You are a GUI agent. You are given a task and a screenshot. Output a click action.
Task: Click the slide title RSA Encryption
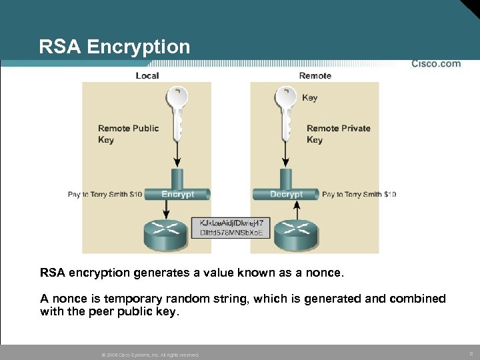[114, 47]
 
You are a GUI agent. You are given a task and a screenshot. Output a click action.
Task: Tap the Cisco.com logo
[436, 64]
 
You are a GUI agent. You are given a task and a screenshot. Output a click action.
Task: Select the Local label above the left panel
[147, 75]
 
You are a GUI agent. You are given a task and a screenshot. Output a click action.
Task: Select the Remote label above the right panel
[315, 75]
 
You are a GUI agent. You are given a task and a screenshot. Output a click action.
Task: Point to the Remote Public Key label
[128, 134]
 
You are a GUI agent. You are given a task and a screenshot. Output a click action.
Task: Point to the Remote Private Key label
[338, 134]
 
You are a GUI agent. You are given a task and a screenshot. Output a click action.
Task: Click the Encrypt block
[177, 194]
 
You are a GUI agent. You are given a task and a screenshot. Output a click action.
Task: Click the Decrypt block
[286, 194]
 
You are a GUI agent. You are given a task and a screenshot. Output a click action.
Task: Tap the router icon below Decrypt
[297, 231]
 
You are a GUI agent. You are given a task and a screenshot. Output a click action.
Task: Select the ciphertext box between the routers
[231, 227]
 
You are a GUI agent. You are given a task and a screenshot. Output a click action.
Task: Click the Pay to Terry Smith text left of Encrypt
[105, 195]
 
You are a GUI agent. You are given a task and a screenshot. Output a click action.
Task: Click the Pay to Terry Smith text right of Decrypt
[359, 195]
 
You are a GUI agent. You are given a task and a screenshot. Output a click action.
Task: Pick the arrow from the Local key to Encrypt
[177, 155]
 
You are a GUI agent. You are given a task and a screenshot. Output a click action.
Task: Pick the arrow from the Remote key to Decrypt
[286, 155]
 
